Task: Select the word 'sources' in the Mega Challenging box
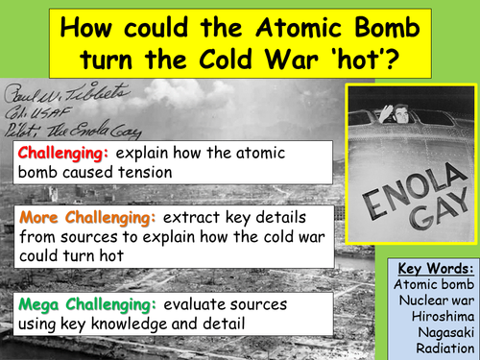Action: [x=261, y=304]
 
